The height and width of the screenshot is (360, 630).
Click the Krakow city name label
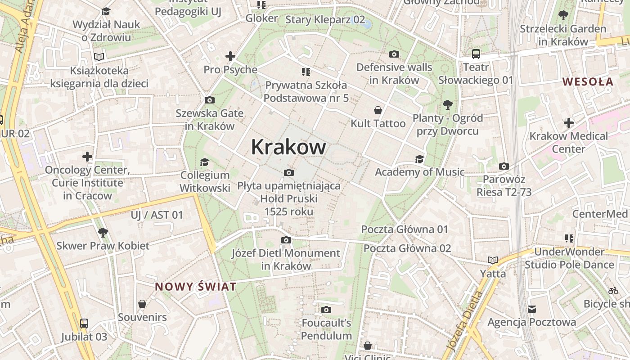[288, 147]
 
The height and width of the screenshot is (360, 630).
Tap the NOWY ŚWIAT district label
[196, 287]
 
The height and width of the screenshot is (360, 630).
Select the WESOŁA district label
[588, 81]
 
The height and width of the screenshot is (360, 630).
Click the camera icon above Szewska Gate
[209, 100]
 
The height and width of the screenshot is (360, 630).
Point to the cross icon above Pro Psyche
[230, 56]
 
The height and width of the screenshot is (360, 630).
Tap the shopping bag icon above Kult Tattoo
[378, 110]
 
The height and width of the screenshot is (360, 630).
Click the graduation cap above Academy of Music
[419, 159]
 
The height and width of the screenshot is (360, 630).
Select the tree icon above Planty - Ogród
[447, 105]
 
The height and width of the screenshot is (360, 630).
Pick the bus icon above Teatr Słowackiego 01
[476, 54]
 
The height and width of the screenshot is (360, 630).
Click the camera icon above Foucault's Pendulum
[326, 310]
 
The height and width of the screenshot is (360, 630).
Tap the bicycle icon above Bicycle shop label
[613, 291]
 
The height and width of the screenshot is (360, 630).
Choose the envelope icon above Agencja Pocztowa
[532, 309]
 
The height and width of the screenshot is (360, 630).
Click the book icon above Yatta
[493, 260]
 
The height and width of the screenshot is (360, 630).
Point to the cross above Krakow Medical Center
[569, 122]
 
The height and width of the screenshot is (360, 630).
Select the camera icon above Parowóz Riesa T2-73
[504, 166]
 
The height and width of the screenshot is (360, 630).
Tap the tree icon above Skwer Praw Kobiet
[103, 233]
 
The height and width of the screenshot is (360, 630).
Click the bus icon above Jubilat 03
[84, 323]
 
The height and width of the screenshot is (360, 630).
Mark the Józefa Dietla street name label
[463, 321]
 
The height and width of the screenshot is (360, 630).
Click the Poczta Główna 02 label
[407, 248]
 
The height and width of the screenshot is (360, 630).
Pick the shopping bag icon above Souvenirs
[142, 304]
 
